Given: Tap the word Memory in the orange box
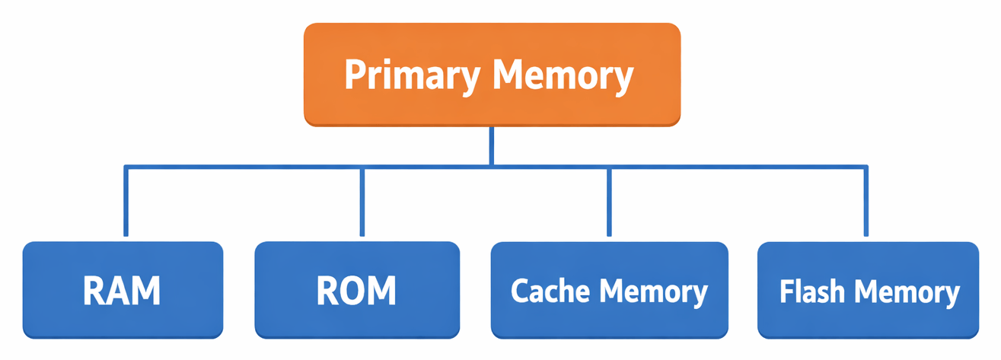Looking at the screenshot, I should point(563,75).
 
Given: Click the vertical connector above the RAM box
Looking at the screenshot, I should point(126,202).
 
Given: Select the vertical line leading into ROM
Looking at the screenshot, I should point(362,202).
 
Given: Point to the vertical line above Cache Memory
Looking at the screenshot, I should point(609,202).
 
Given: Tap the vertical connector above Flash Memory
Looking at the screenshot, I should point(866,202).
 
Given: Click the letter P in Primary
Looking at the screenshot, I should point(355,75).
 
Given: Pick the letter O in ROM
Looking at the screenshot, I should point(356,290).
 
